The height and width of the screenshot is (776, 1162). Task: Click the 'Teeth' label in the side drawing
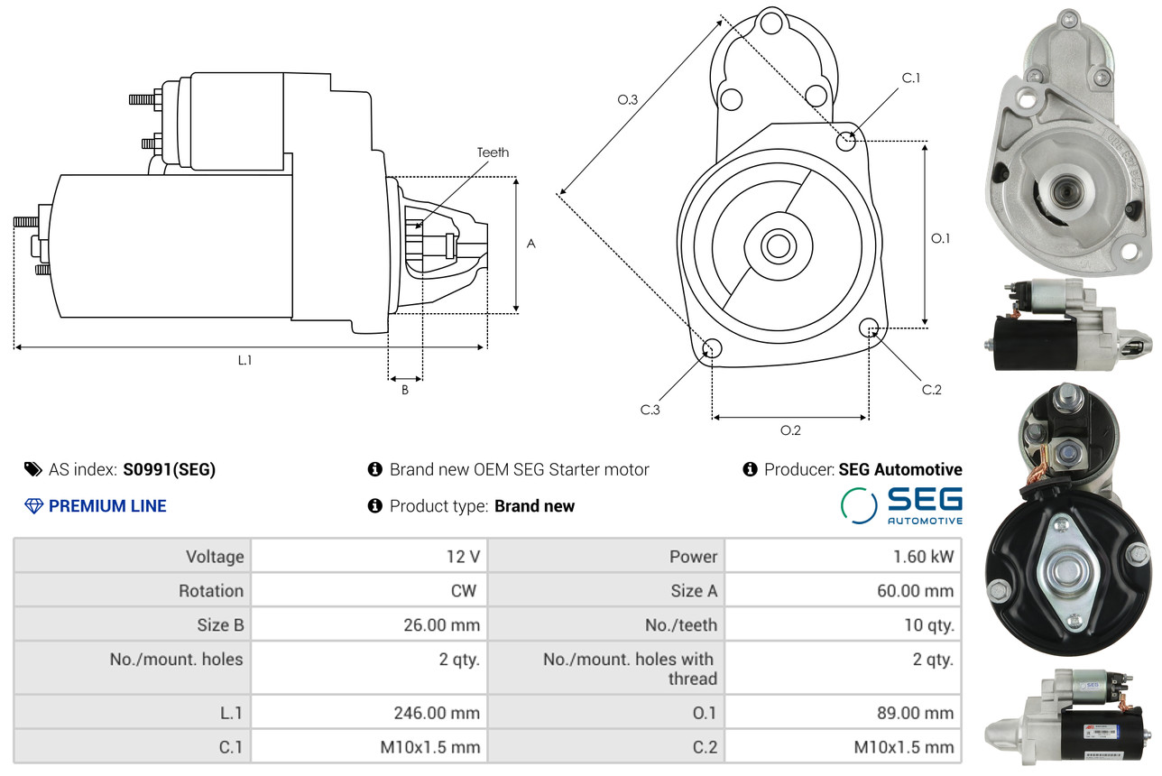[493, 152]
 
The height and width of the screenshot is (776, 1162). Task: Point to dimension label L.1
[244, 360]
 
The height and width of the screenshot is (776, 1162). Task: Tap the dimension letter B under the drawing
[405, 390]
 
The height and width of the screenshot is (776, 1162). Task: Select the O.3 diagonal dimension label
[628, 100]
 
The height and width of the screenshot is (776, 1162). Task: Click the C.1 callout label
[911, 78]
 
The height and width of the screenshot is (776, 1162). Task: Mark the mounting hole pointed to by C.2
[869, 327]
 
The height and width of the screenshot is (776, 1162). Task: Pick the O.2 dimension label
[790, 430]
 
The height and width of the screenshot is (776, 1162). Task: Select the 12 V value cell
[463, 557]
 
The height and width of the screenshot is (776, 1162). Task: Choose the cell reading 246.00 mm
[437, 713]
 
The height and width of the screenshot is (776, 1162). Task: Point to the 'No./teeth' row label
[680, 624]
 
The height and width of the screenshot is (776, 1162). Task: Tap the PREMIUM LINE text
[107, 506]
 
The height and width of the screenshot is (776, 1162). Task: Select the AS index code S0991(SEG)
[170, 469]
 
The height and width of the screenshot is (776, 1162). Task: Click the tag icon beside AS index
[32, 469]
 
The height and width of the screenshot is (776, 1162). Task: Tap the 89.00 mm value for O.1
[909, 713]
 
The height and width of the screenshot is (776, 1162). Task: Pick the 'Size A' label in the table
[693, 591]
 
